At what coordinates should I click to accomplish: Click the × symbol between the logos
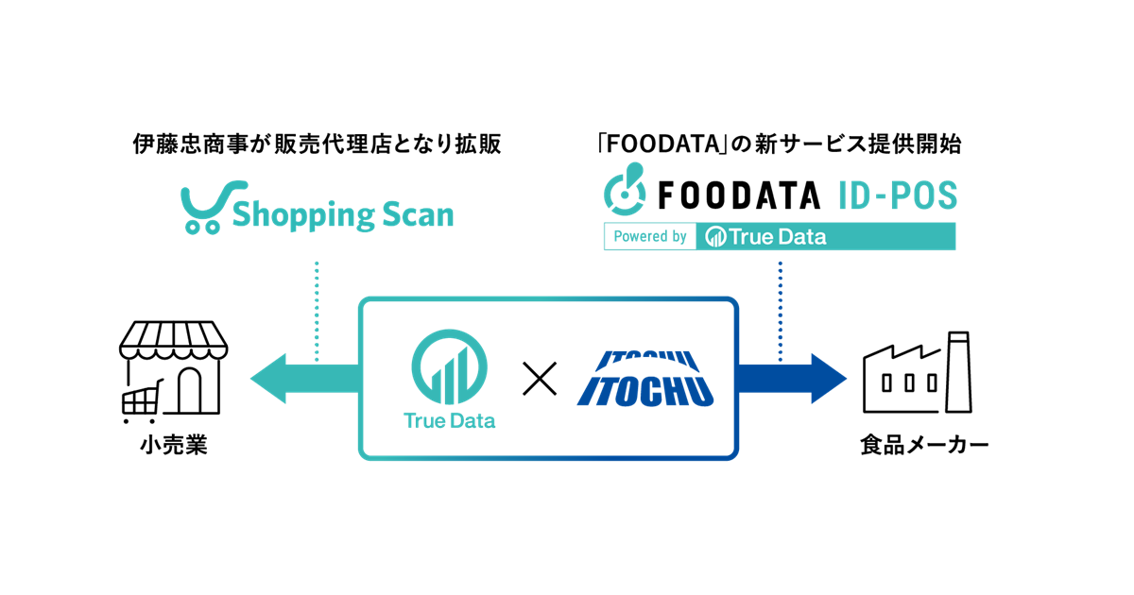(x=541, y=380)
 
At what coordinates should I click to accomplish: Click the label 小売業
(x=170, y=445)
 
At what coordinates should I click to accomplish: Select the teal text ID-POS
(x=896, y=195)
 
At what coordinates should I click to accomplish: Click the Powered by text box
(x=650, y=236)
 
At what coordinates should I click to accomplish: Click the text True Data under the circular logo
(x=449, y=421)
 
